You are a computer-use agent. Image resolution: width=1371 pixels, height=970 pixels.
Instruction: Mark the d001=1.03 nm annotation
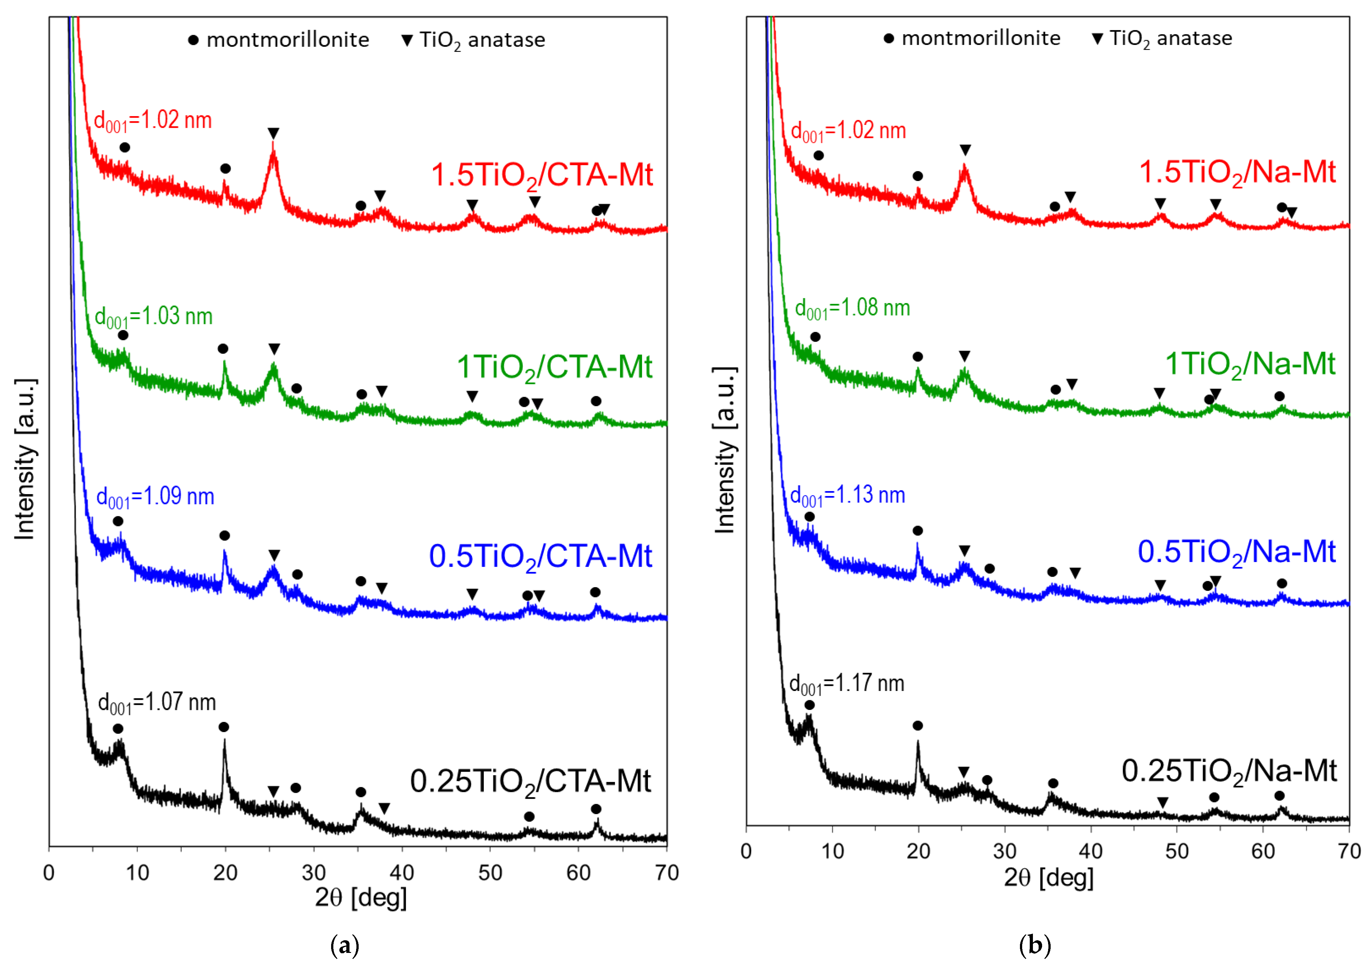point(154,317)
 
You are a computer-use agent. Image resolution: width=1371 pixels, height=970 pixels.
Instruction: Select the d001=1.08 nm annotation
point(852,308)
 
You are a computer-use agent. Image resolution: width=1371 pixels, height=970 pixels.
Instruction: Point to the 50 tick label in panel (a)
point(490,873)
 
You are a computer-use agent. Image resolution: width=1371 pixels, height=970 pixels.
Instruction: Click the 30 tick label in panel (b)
point(1005,850)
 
